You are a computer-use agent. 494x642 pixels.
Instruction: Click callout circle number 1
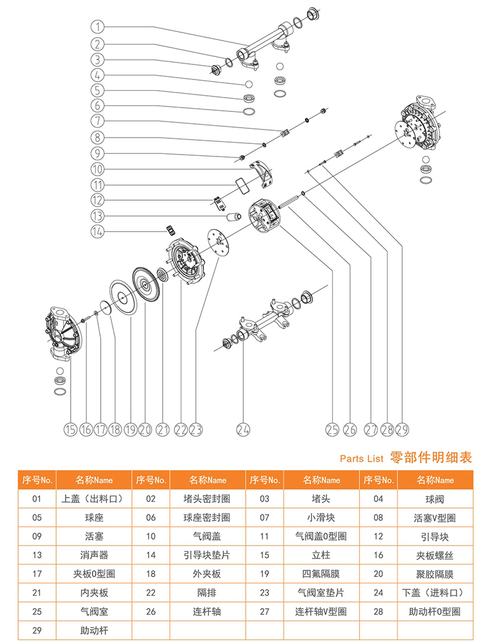(98, 27)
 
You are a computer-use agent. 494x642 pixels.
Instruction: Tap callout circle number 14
(98, 232)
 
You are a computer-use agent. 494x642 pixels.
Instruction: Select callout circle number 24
(243, 429)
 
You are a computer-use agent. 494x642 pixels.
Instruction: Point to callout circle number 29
(402, 429)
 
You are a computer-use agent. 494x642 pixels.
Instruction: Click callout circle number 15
(70, 429)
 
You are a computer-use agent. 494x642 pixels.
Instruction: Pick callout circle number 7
(98, 121)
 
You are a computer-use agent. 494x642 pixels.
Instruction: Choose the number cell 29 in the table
(37, 630)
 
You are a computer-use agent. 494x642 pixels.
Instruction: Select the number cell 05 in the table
(37, 517)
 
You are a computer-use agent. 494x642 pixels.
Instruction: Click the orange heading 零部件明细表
(431, 458)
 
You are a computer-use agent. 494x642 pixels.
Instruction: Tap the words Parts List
(361, 459)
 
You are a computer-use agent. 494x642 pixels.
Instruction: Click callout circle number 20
(146, 429)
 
